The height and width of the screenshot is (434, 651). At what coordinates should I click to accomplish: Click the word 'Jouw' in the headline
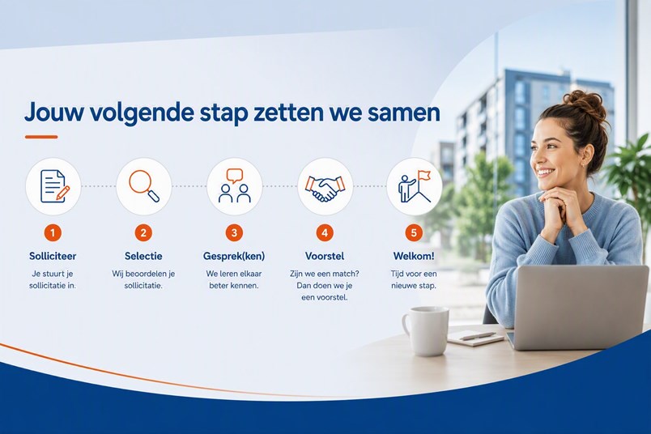[x=53, y=112]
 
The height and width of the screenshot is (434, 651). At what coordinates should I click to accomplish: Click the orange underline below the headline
[x=41, y=137]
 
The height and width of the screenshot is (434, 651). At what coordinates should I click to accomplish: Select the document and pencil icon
[x=54, y=186]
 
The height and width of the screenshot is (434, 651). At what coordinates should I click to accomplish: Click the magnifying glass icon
[x=144, y=185]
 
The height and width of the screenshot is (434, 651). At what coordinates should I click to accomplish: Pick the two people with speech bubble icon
[x=235, y=185]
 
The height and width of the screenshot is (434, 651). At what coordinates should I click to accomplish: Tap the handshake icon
[x=325, y=188]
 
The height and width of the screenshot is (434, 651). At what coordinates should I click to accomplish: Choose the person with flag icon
[x=415, y=186]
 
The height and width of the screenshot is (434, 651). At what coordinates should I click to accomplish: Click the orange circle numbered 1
[x=53, y=233]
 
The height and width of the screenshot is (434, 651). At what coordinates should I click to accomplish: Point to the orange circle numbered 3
[x=234, y=233]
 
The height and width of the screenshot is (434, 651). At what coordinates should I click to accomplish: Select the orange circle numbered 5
[x=414, y=233]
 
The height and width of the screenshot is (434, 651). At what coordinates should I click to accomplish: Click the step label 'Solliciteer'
[x=53, y=256]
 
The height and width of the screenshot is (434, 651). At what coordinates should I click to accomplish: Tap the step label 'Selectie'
[x=143, y=256]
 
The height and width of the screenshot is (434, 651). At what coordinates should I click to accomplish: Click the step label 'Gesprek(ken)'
[x=234, y=256]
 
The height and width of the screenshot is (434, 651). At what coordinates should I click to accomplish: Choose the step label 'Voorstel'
[x=325, y=256]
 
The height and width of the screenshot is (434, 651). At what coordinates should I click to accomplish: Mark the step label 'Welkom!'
[x=414, y=256]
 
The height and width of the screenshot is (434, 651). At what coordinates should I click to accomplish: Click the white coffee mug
[x=425, y=331]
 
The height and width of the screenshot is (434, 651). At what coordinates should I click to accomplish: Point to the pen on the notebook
[x=478, y=335]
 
